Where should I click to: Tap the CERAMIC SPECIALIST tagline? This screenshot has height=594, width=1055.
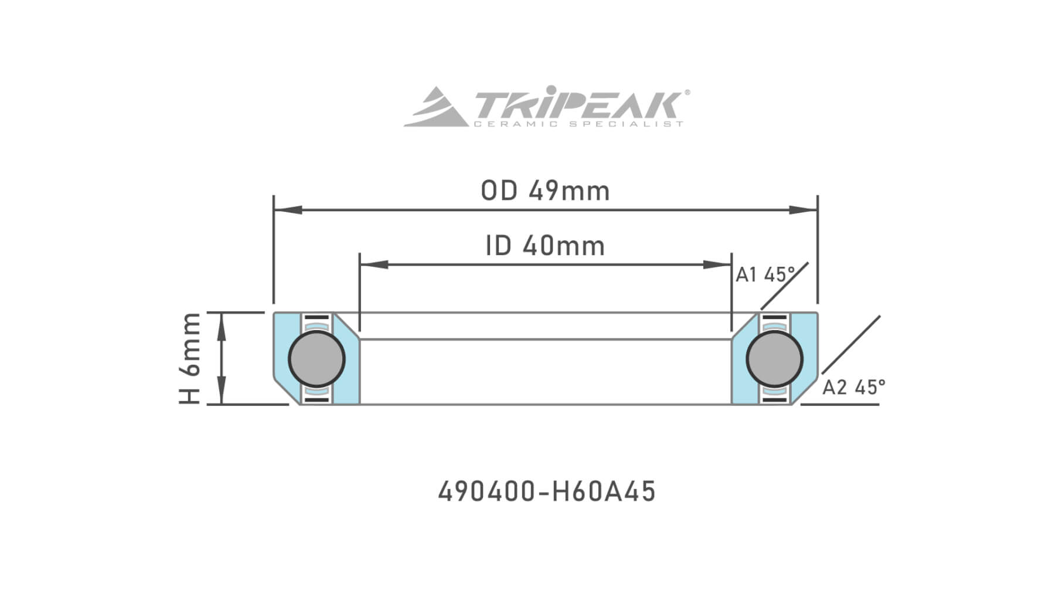point(577,124)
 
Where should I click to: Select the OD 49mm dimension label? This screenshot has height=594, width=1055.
point(545,191)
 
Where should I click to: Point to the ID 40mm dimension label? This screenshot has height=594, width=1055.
point(545,246)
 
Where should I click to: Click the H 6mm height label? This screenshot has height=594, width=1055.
point(190,358)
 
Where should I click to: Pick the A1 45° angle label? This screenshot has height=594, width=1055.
point(765,274)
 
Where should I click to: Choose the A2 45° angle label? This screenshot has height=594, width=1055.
point(853,387)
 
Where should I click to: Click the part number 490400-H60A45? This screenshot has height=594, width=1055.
point(546,491)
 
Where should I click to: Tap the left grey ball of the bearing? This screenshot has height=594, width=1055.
point(316,358)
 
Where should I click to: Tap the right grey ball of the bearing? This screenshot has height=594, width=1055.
point(774,358)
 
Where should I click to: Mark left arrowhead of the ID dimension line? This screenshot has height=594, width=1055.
point(373,264)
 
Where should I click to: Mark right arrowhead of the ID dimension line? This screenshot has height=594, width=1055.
point(718,264)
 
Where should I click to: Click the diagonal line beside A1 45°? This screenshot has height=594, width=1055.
point(785,286)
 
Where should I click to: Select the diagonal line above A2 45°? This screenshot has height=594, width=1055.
point(851,344)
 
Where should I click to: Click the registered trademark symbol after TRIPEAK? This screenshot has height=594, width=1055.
point(687,92)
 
